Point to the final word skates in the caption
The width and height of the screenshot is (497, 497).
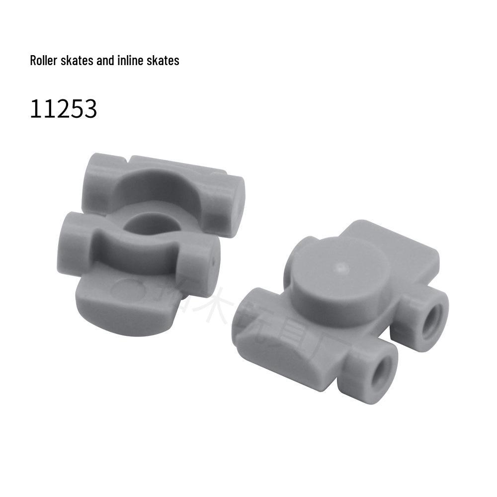pyautogui.click(x=162, y=61)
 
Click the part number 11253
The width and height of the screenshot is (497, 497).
pyautogui.click(x=63, y=109)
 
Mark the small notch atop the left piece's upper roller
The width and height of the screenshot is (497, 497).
pyautogui.click(x=128, y=160)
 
